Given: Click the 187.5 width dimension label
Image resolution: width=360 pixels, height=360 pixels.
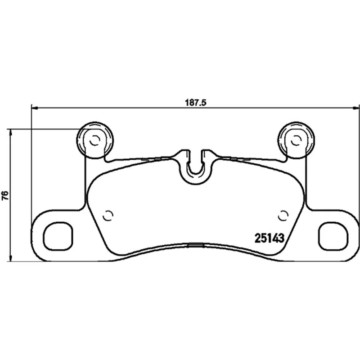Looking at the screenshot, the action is click(196, 103).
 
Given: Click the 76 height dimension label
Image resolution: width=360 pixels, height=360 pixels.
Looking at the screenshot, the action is click(5, 195).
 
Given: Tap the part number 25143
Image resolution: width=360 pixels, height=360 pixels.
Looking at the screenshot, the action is click(270, 238).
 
